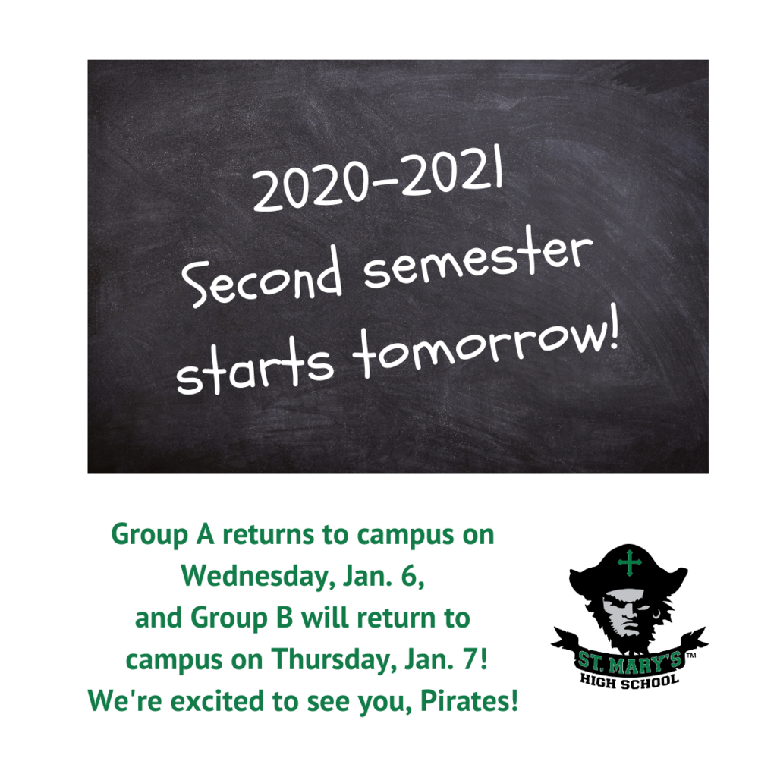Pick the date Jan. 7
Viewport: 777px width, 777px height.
click(446, 659)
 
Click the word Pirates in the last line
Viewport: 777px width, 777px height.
click(469, 700)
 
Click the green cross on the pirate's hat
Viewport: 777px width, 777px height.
click(630, 563)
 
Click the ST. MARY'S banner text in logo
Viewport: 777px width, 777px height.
click(629, 662)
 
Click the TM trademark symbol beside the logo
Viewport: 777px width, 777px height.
click(690, 656)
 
